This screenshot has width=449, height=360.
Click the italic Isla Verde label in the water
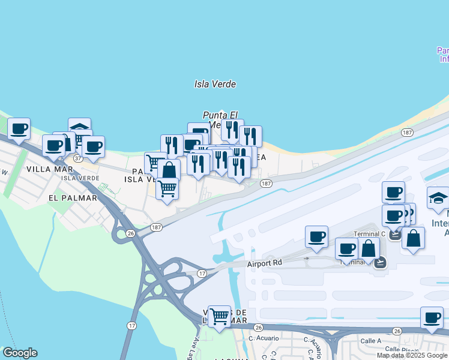(215, 85)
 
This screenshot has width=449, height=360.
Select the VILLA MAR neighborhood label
(49, 169)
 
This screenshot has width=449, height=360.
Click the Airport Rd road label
(265, 263)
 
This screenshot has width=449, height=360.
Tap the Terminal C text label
(370, 234)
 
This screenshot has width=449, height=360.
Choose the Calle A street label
(370, 341)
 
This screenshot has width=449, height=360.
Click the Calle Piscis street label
(400, 349)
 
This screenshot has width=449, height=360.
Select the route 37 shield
(78, 158)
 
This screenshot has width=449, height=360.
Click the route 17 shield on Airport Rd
(202, 273)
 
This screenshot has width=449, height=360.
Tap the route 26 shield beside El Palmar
(130, 233)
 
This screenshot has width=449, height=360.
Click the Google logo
(20, 353)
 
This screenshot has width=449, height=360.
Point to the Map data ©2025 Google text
(412, 355)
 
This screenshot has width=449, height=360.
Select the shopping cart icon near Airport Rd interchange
(220, 316)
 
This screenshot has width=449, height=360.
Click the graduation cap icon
(438, 197)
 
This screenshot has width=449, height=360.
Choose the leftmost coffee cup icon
(19, 128)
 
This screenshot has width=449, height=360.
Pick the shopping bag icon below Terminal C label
(413, 238)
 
